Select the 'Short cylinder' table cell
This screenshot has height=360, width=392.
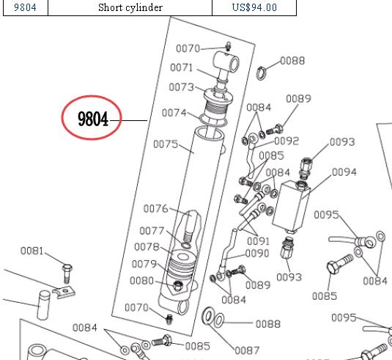click(x=130, y=8)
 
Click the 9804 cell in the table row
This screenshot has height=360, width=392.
click(x=25, y=8)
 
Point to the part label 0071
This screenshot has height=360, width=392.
click(x=181, y=68)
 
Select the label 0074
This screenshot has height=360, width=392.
click(x=174, y=113)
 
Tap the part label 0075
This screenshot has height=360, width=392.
click(x=166, y=144)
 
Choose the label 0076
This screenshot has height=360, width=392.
click(x=155, y=208)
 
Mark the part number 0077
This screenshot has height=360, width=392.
click(x=152, y=231)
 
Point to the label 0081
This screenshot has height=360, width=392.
click(x=32, y=251)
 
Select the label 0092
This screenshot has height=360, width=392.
click(x=286, y=141)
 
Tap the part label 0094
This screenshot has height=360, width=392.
click(x=344, y=172)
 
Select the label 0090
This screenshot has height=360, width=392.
click(x=256, y=254)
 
